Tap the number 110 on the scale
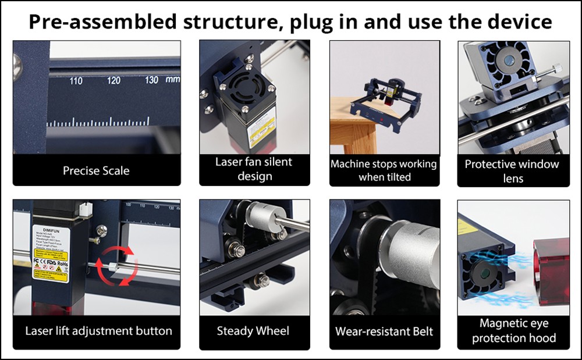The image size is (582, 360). tap(76, 81)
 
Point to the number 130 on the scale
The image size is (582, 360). tap(151, 80)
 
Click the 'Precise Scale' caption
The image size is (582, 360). tap(96, 171)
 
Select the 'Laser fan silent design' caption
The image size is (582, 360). tap(254, 169)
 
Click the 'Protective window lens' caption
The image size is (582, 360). tap(513, 171)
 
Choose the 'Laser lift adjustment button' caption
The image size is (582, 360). tap(98, 331)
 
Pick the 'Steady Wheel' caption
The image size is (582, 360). tap(253, 331)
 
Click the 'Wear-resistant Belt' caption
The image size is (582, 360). tap(384, 332)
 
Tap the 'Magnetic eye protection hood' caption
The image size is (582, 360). tap(513, 330)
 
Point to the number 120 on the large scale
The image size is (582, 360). tap(114, 80)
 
